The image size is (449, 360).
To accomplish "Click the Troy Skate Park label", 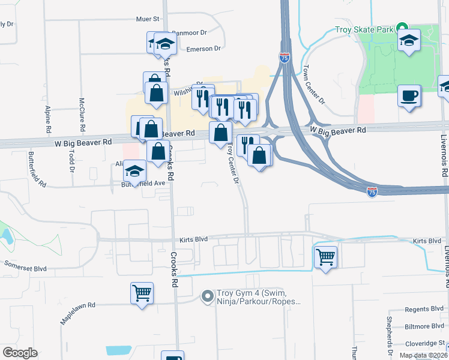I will point(364,29).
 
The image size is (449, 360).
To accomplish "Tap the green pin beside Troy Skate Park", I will point(403,28).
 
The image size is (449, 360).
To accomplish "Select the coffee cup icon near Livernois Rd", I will point(409,96).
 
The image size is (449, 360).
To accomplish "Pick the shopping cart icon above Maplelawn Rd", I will point(142,293).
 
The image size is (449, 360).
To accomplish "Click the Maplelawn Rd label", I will point(77,313).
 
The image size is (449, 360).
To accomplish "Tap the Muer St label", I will point(147,19).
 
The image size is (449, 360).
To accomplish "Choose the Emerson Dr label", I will point(204,49).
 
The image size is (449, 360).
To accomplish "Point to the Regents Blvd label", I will point(424,308).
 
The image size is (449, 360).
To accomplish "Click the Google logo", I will point(20,352).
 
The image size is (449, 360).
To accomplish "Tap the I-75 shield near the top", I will point(285,58).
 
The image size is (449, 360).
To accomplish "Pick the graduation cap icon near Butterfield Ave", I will point(135,171).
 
